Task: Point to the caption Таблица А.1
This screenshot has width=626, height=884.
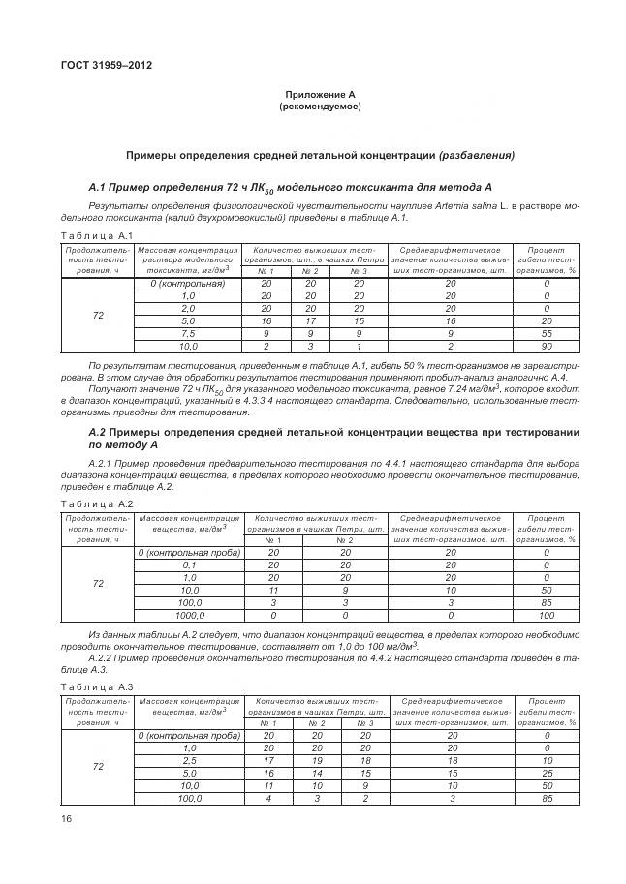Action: pyautogui.click(x=96, y=236)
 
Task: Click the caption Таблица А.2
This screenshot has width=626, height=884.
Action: pyautogui.click(x=96, y=504)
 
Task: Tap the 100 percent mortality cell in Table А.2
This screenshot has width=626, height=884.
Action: pyautogui.click(x=546, y=615)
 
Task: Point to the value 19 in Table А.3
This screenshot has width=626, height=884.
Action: pyautogui.click(x=316, y=761)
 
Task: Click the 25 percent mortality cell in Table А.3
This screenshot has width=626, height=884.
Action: pyautogui.click(x=546, y=774)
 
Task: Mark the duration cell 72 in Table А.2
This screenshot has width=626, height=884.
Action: pyautogui.click(x=98, y=584)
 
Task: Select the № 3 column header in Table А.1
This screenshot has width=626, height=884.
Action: pyautogui.click(x=359, y=271)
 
